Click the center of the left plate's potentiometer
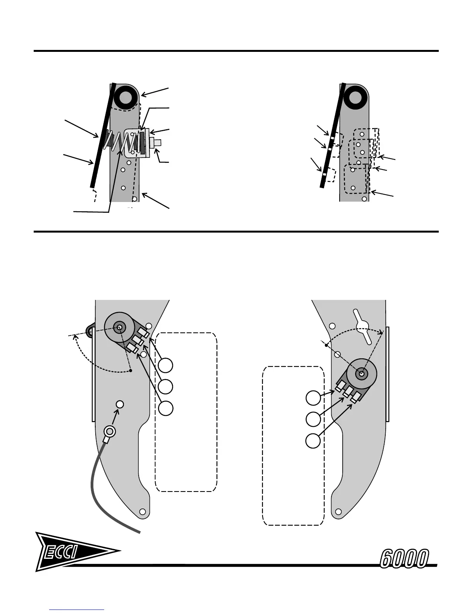(x=119, y=327)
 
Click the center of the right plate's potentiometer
(x=361, y=374)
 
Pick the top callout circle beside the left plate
(x=166, y=365)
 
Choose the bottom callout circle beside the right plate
(x=313, y=441)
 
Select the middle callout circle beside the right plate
(x=313, y=419)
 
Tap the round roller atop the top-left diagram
(x=125, y=97)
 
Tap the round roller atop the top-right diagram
(x=354, y=97)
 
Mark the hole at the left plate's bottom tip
(x=142, y=512)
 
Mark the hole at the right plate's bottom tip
(x=338, y=512)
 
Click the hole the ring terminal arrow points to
(x=120, y=404)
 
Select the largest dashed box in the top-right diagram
(x=355, y=179)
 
